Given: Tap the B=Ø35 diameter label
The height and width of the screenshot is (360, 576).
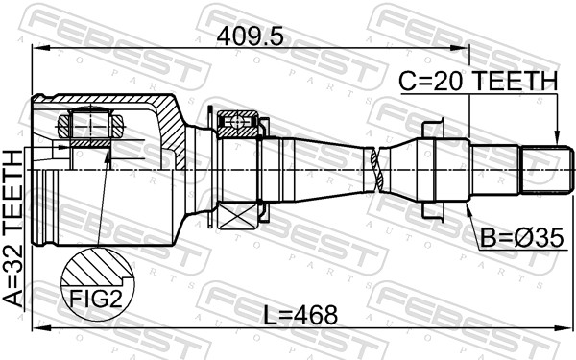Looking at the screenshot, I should pos(516,235).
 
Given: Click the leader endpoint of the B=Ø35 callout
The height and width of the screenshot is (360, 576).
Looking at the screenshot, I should pos(468,204).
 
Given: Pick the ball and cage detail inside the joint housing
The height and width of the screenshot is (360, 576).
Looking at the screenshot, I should pos(88,125).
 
